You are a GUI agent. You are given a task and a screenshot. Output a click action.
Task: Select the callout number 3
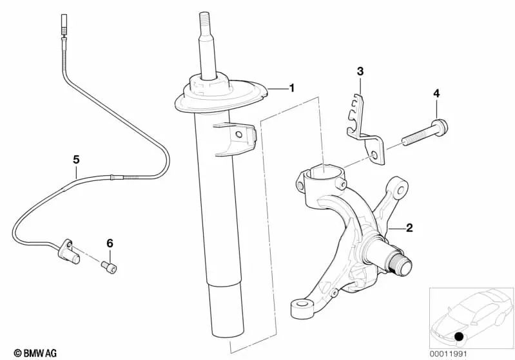click(360, 70)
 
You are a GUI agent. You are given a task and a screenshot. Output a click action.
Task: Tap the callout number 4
click(436, 94)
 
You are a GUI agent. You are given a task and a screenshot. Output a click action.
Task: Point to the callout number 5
click(75, 158)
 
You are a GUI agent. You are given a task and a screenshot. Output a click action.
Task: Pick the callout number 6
click(110, 243)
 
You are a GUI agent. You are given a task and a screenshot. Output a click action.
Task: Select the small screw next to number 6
click(110, 266)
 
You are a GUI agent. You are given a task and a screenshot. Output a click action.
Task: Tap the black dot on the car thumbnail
click(459, 337)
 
